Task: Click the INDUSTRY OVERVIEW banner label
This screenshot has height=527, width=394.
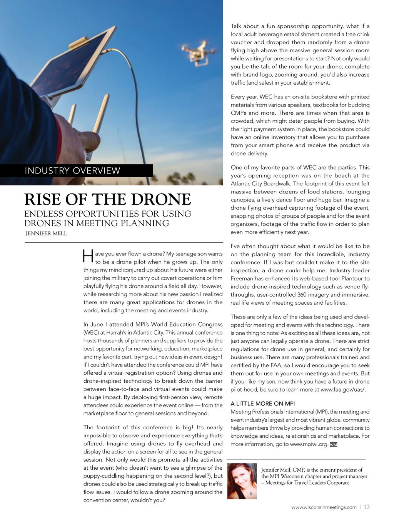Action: pyautogui.click(x=72, y=170)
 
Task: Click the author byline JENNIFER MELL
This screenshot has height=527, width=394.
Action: pyautogui.click(x=46, y=233)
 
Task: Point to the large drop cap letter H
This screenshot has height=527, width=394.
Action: pyautogui.click(x=88, y=257)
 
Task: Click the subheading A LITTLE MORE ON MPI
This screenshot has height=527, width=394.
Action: pyautogui.click(x=263, y=404)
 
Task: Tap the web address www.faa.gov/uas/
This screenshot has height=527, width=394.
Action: pyautogui.click(x=343, y=389)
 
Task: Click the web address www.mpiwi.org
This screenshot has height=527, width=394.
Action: pyautogui.click(x=309, y=444)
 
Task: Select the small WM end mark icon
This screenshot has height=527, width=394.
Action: pyautogui.click(x=334, y=445)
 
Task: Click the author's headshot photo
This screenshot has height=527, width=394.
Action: pyautogui.click(x=242, y=481)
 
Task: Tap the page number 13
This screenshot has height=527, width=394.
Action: pyautogui.click(x=366, y=507)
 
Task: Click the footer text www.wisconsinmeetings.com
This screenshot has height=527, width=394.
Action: pyautogui.click(x=324, y=507)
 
